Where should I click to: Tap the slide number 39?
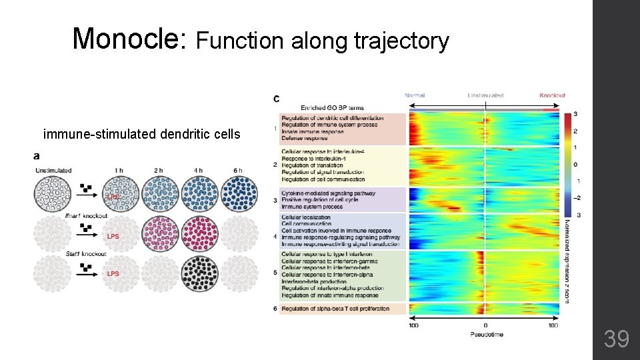click(x=617, y=339)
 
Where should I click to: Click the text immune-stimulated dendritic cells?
click(x=141, y=134)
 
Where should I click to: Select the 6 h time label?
click(x=239, y=171)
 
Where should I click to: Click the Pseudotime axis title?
click(x=486, y=333)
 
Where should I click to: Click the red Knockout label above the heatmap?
click(x=552, y=95)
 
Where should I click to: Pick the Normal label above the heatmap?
click(x=415, y=95)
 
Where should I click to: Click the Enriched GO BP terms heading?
click(x=332, y=107)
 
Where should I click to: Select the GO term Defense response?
click(x=304, y=138)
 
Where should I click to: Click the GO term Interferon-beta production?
click(x=313, y=281)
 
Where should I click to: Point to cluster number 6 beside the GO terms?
click(x=275, y=309)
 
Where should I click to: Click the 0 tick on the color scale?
click(x=575, y=164)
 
